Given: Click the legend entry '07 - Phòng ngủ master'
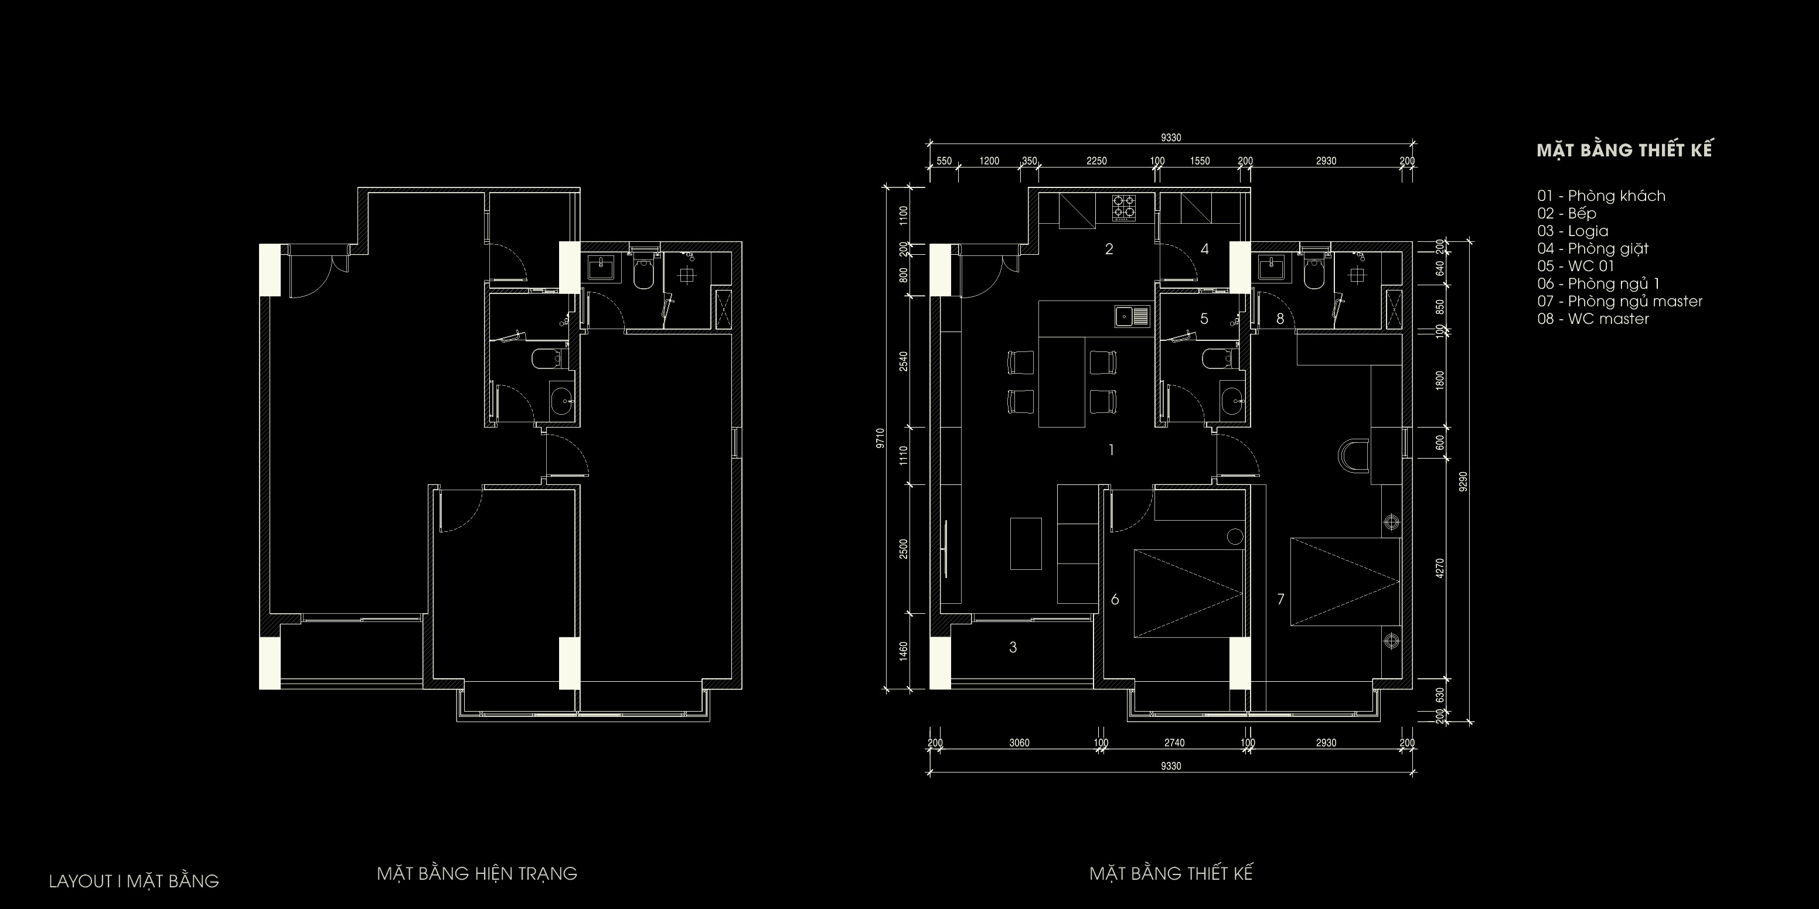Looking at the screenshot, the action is (x=1620, y=302).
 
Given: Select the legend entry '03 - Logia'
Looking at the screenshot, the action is (x=1572, y=231).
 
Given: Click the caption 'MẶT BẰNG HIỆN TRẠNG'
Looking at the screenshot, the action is (x=476, y=874).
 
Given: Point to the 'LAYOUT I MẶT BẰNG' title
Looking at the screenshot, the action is (x=134, y=881).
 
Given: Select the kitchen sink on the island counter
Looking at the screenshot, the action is (x=1132, y=316).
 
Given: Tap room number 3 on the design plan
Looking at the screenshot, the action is (x=1013, y=647).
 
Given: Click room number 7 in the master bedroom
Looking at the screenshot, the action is (x=1280, y=600).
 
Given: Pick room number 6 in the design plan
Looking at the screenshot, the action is (x=1115, y=600).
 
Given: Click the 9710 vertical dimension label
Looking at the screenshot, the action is (x=880, y=438).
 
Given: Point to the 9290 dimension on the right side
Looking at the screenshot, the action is (x=1463, y=481).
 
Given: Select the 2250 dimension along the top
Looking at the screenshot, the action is (x=1096, y=161).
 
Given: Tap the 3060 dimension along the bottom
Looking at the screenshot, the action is (x=1019, y=743).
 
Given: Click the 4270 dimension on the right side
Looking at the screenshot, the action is (x=1440, y=568).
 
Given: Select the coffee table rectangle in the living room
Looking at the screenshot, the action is (x=1026, y=544).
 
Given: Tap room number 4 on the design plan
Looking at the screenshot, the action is (x=1205, y=249).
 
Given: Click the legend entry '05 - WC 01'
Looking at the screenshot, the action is (x=1575, y=266).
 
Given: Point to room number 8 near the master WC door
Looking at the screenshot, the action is (x=1280, y=319).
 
